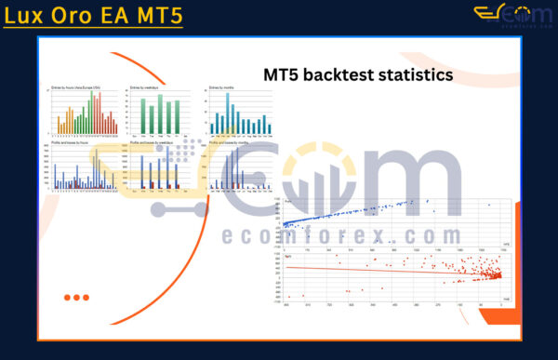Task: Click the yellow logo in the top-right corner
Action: (x=513, y=15)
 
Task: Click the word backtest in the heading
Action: (x=343, y=73)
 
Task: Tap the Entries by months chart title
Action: (x=224, y=87)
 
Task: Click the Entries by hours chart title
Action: (x=74, y=87)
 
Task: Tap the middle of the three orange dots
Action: (x=76, y=298)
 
